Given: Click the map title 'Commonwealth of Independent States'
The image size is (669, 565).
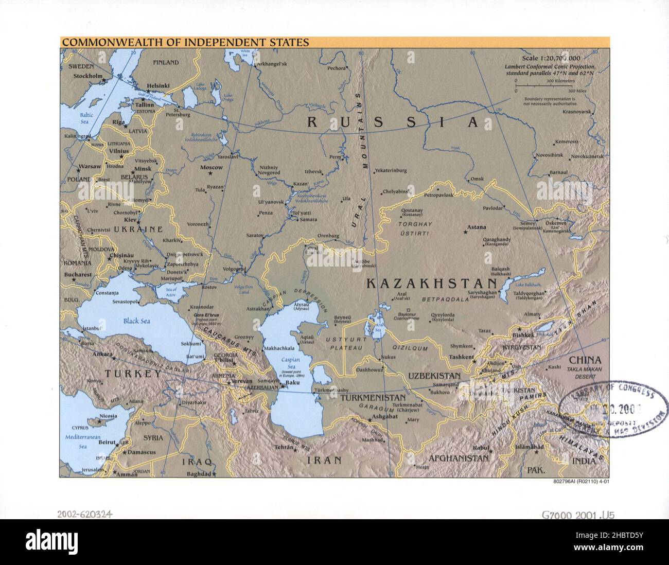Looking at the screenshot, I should [185, 43].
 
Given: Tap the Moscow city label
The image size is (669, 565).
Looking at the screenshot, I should [211, 168].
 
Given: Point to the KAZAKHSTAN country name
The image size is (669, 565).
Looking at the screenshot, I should [431, 284].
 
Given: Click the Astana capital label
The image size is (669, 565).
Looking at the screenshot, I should [476, 227].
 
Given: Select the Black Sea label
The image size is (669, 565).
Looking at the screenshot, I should [136, 321].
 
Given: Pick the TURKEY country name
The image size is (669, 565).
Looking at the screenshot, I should [133, 374].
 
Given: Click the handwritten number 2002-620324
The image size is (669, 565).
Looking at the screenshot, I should [85, 514].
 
